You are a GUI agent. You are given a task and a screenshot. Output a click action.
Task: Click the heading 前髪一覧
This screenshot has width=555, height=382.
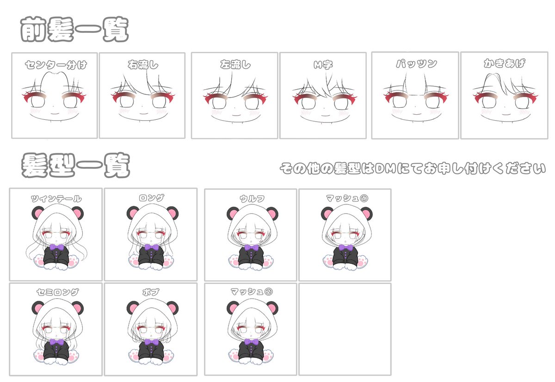click(x=74, y=30)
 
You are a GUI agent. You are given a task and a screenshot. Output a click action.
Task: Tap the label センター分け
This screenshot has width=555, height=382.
click(x=55, y=65)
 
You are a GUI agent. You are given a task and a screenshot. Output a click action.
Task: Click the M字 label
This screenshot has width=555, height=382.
click(x=323, y=65)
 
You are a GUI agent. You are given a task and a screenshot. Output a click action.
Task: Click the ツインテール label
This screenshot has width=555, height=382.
click(x=56, y=199)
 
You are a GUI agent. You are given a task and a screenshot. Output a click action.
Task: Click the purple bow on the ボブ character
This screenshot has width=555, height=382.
click(x=151, y=343)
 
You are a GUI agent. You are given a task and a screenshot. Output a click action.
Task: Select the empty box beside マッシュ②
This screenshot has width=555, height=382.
click(x=345, y=329)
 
